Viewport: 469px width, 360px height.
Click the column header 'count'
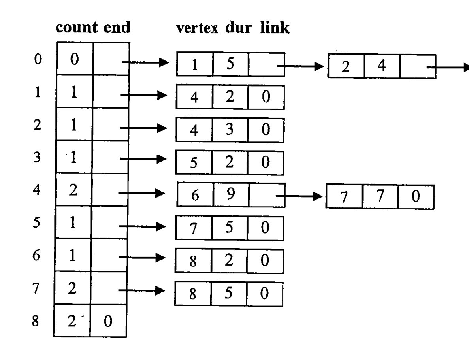(76, 28)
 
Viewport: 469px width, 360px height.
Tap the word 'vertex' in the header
(198, 28)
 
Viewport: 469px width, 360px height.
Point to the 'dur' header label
(238, 27)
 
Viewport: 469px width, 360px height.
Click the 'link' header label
(275, 27)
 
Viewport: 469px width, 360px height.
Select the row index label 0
(38, 59)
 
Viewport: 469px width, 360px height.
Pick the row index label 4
(37, 190)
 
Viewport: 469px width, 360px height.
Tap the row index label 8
(35, 321)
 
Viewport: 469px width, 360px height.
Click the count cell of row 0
(75, 58)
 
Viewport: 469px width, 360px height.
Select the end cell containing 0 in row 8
(108, 321)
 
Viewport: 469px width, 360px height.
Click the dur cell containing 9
(231, 194)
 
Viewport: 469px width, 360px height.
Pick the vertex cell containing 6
(195, 194)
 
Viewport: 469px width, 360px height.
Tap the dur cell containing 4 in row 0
(382, 66)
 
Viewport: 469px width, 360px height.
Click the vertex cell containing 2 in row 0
(346, 66)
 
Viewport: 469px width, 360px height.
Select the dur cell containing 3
(230, 130)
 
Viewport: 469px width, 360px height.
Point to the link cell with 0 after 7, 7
(416, 197)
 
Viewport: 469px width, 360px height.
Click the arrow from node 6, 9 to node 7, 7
(299, 196)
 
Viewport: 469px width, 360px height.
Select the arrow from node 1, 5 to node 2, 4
(301, 66)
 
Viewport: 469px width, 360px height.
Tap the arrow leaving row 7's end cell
(141, 290)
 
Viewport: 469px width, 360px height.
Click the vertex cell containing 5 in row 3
(194, 162)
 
